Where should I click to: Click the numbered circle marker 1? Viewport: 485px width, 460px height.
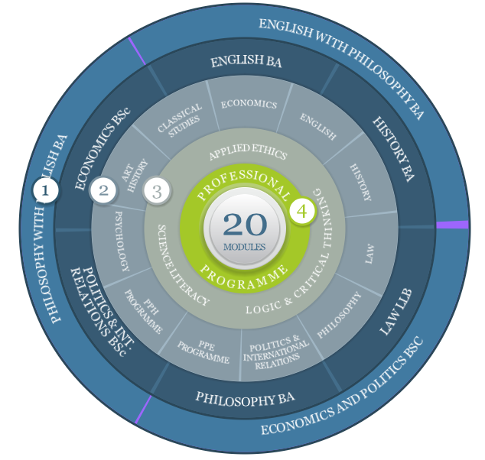tap(45, 190)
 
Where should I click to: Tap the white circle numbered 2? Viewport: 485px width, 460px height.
tap(103, 190)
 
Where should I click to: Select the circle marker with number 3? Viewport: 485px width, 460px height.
tap(157, 191)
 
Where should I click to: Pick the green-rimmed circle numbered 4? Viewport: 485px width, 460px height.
tap(302, 212)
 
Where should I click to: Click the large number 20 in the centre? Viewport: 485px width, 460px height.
tap(245, 225)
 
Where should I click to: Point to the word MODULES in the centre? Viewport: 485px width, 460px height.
tap(244, 247)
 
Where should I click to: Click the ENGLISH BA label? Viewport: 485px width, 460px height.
tap(246, 61)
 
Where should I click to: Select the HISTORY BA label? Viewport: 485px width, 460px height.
tap(394, 149)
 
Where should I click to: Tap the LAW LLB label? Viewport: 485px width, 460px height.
tap(396, 312)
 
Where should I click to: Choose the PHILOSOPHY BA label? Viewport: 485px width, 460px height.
tap(245, 399)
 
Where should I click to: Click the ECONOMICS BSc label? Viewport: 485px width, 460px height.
tap(103, 148)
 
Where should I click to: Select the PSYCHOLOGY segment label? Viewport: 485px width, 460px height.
tap(122, 241)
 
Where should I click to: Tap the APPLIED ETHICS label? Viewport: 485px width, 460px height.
tap(248, 152)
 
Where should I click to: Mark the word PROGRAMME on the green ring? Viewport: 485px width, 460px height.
tap(244, 277)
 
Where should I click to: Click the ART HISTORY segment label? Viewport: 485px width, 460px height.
tap(135, 175)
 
